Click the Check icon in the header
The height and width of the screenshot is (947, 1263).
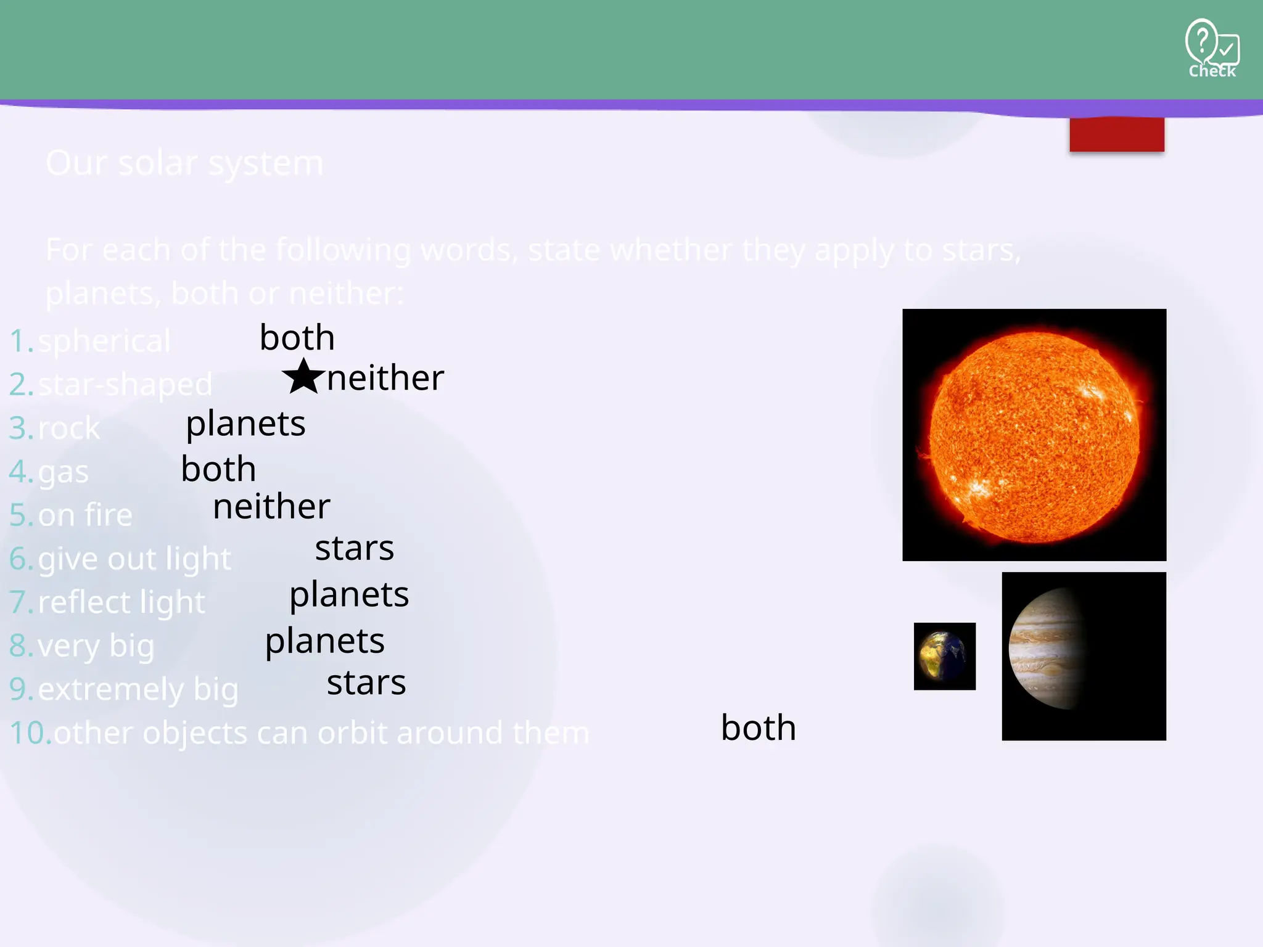1211,48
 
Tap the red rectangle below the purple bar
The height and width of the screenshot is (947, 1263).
1116,134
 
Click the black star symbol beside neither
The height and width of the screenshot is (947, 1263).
303,377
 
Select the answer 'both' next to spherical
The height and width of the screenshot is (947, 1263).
297,338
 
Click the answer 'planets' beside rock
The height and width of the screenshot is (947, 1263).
245,424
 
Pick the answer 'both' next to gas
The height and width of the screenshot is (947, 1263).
218,469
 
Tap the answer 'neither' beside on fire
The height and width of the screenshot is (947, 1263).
271,507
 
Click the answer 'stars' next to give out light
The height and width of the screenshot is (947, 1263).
354,548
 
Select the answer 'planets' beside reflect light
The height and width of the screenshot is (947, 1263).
349,595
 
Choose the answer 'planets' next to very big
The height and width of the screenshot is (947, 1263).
324,641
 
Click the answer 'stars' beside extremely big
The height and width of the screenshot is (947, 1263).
366,683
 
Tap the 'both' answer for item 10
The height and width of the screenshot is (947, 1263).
758,728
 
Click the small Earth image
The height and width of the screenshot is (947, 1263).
944,656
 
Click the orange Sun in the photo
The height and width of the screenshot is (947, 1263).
1034,437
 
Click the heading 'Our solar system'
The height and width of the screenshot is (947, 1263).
184,163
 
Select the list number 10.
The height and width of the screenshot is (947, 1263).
30,733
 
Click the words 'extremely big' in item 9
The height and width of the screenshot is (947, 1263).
138,689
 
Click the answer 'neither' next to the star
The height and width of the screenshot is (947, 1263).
385,378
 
